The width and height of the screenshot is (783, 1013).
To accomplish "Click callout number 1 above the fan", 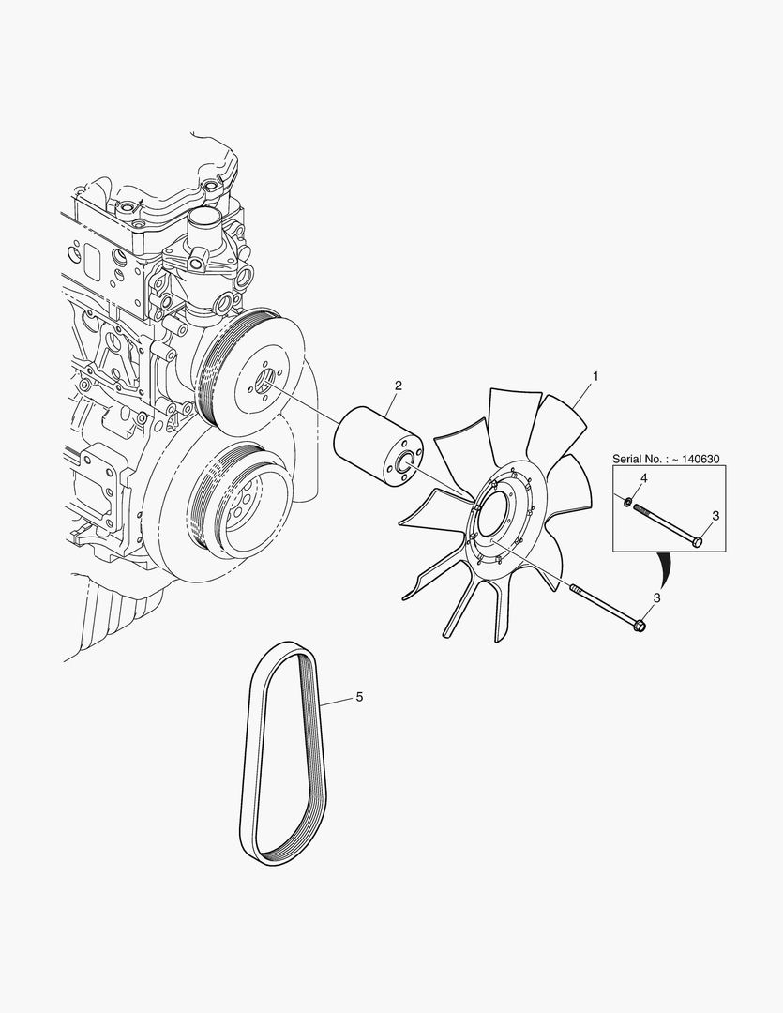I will pos(595,375).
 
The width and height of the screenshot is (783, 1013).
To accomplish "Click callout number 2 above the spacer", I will pos(399,386).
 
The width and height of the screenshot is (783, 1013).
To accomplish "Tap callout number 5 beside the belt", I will pos(358,697).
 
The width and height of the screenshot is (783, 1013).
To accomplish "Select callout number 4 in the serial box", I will pos(643,479).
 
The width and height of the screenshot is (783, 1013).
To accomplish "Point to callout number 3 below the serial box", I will pos(656,597).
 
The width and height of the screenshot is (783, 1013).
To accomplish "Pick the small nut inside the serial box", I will pos(627,503).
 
